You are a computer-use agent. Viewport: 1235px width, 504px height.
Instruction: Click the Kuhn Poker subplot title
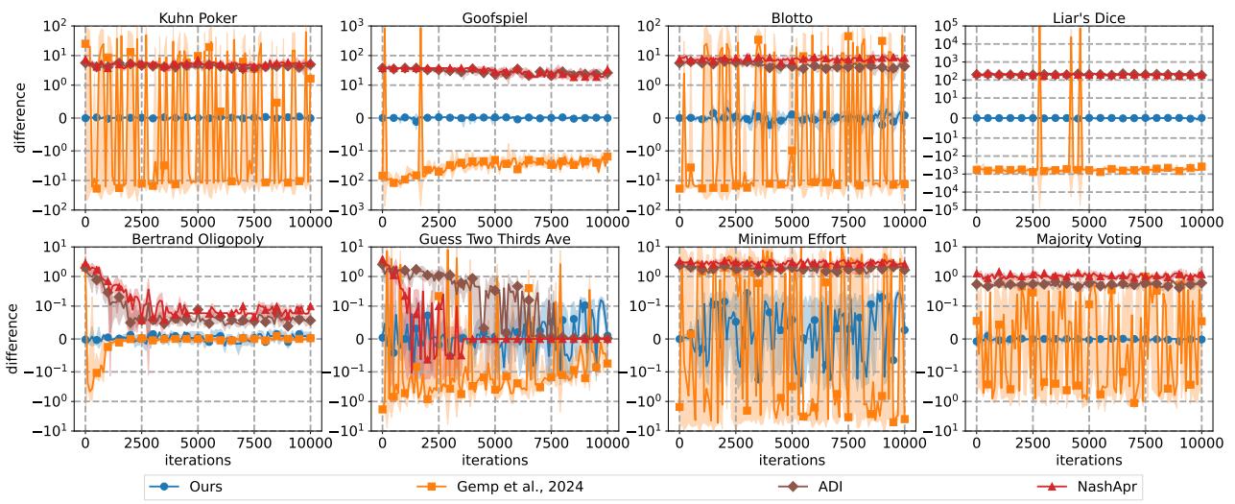[198, 16]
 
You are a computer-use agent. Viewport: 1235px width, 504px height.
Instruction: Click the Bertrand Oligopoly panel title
[198, 239]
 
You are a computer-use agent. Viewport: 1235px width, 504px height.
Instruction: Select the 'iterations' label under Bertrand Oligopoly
[198, 462]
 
